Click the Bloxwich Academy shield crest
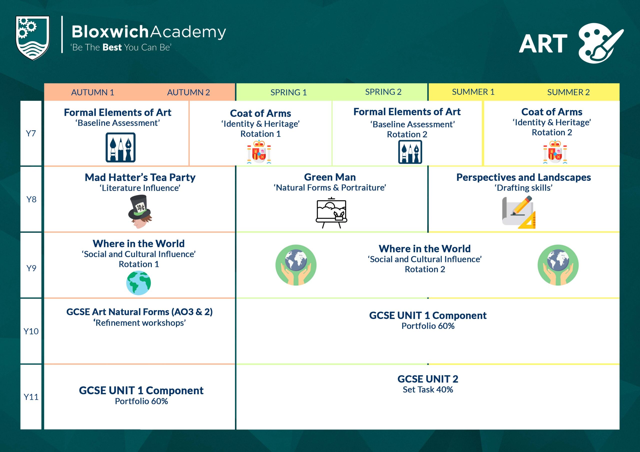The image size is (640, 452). [x=32, y=38]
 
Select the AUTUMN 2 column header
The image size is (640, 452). [x=188, y=92]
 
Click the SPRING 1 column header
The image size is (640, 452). [x=288, y=92]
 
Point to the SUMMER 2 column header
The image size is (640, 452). [x=568, y=92]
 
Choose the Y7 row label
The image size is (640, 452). [x=31, y=133]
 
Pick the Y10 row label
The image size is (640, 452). [x=31, y=331]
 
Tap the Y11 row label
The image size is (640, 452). [x=31, y=397]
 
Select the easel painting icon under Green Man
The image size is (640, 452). [x=331, y=213]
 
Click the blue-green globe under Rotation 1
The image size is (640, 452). [x=138, y=283]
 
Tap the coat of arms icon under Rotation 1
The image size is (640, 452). [x=259, y=152]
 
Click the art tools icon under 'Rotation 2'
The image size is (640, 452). [x=410, y=152]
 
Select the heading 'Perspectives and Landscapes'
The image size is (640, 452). [x=523, y=177]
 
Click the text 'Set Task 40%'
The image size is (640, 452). [x=427, y=390]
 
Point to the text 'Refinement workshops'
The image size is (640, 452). [x=140, y=323]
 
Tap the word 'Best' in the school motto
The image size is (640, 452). [x=112, y=47]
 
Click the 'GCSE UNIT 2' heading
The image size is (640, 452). [x=427, y=379]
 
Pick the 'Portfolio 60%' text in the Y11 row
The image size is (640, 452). [x=141, y=401]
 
